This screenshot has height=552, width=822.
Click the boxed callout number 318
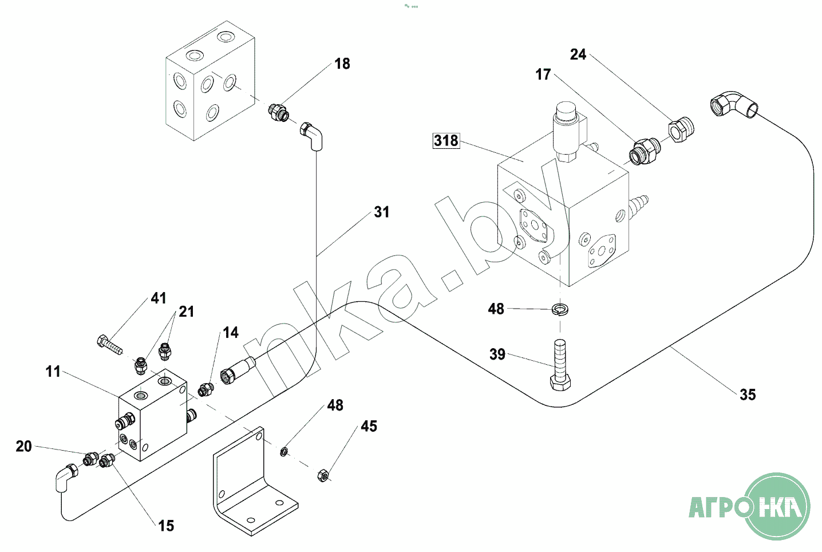tap(446, 140)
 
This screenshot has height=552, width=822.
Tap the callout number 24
tap(578, 55)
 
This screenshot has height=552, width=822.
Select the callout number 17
tap(543, 74)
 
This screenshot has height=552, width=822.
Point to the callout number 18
tap(342, 64)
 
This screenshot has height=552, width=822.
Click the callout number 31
tap(382, 212)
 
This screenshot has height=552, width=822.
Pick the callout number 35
tap(748, 395)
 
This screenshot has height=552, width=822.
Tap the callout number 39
tap(497, 354)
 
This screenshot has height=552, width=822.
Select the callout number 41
tap(159, 298)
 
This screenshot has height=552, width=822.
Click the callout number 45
tap(369, 427)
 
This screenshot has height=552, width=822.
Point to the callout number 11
tap(53, 372)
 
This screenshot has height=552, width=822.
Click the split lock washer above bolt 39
tap(560, 309)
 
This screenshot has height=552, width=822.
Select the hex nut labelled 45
tap(323, 475)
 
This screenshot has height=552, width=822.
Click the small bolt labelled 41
tap(109, 345)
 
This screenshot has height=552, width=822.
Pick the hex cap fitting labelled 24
tap(681, 129)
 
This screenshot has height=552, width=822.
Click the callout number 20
tap(24, 447)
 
